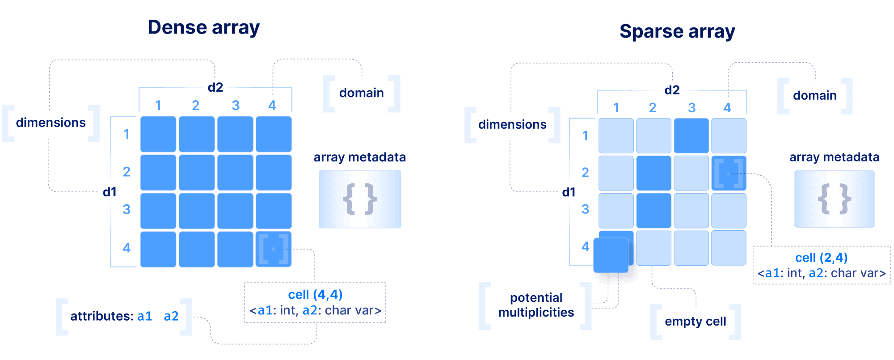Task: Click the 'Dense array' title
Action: (203, 28)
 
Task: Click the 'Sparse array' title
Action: (677, 32)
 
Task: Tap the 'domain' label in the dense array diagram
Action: (361, 93)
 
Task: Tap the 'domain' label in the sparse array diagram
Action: (814, 96)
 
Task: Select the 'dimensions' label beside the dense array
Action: (51, 123)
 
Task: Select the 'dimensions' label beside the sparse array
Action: (512, 125)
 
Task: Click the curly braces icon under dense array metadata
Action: (360, 199)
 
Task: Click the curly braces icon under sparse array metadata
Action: (834, 199)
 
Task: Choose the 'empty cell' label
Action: (695, 322)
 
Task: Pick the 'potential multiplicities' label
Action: (536, 305)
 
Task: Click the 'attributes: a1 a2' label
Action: (124, 316)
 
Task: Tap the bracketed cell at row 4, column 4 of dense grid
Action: (274, 249)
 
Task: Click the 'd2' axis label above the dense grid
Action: (215, 87)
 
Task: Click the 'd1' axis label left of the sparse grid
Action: (569, 192)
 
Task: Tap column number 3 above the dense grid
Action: (236, 106)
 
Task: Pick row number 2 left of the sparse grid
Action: (585, 172)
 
